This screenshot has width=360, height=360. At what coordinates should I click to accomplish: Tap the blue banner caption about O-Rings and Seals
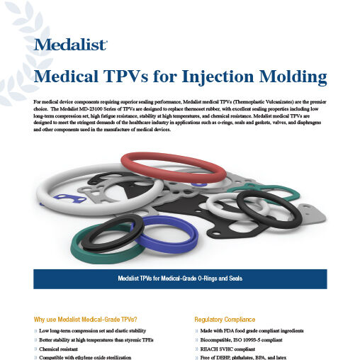(x=180, y=278)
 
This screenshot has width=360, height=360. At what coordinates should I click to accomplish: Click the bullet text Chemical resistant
(x=62, y=349)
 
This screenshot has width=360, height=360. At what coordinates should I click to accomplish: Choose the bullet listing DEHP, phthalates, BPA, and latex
(x=244, y=359)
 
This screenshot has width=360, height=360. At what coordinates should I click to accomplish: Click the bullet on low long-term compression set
(x=93, y=331)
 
